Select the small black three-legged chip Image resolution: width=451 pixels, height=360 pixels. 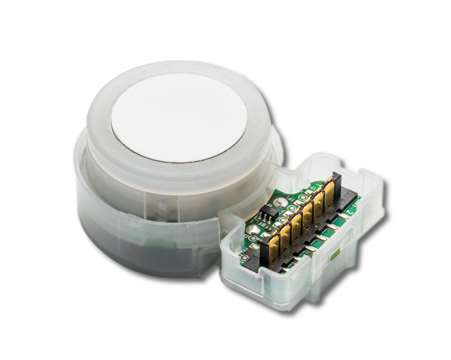point(268,212)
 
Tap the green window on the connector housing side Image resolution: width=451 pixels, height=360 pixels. point(335,256)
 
